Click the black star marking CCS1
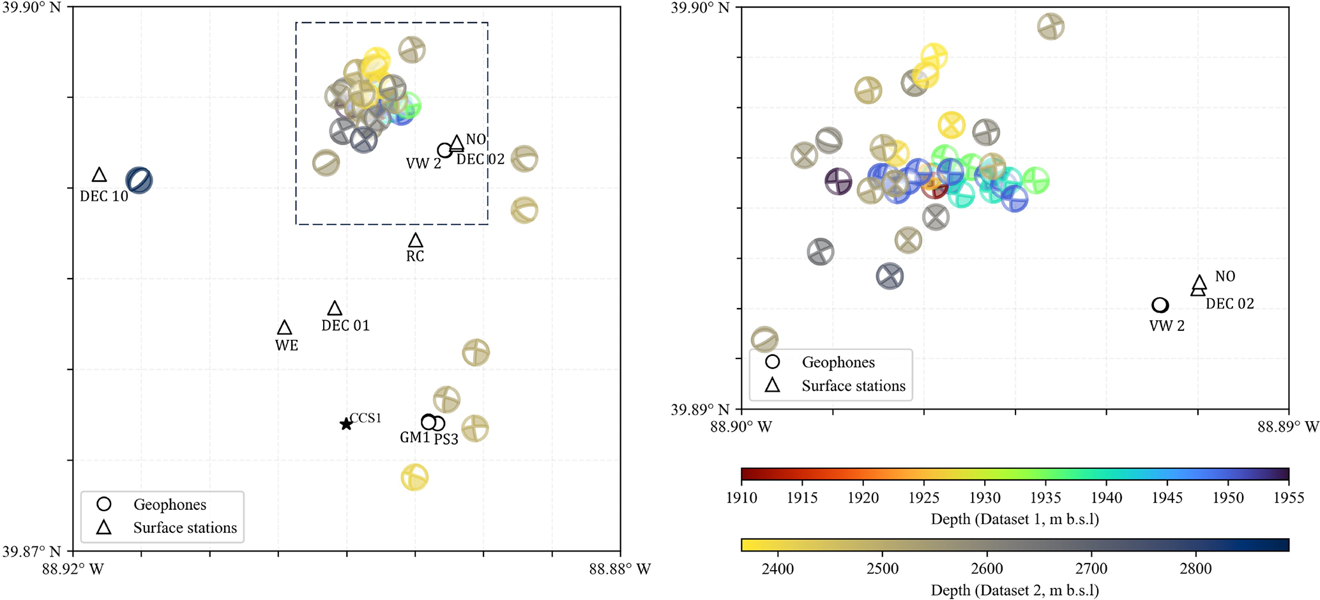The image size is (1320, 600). click(x=345, y=424)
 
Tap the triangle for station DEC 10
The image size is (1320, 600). click(x=99, y=175)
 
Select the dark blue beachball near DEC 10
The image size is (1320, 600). click(x=139, y=180)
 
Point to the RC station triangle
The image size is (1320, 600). click(x=416, y=241)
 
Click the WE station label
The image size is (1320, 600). click(x=287, y=346)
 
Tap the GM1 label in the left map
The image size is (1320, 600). click(x=414, y=438)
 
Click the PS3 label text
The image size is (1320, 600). click(x=446, y=440)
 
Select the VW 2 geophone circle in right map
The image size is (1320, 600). click(x=1160, y=305)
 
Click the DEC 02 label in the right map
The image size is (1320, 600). click(x=1229, y=304)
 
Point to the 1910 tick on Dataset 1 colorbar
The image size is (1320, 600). click(x=741, y=498)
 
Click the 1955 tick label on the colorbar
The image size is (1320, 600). click(x=1289, y=498)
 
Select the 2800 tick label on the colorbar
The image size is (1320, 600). click(x=1196, y=569)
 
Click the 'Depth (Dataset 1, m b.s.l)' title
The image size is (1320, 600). click(x=1015, y=519)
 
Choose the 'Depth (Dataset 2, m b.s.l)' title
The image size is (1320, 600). click(x=1015, y=590)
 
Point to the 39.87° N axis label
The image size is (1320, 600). click(x=32, y=551)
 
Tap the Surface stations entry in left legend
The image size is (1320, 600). click(x=185, y=528)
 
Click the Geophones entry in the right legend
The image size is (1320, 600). click(x=838, y=362)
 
